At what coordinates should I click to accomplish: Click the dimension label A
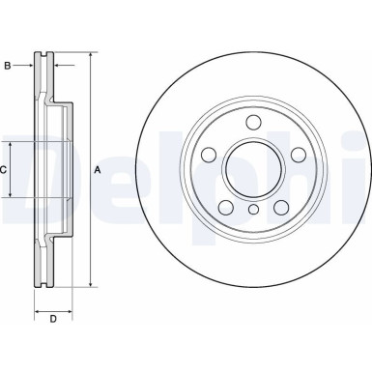point(97,170)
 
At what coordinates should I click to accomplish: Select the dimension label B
point(8,66)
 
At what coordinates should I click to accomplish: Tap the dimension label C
point(4,169)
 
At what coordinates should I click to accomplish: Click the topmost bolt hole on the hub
point(253,122)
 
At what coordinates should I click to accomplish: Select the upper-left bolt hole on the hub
point(210,155)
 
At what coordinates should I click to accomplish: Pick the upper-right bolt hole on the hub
point(298,155)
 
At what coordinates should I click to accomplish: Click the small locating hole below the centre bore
point(253,210)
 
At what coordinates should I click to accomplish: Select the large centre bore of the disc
point(253,169)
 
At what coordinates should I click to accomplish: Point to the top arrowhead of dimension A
point(90,55)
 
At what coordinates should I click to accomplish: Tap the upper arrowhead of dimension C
point(14,142)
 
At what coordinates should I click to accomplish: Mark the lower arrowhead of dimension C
point(14,195)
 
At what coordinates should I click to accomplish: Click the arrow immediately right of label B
point(29,66)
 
